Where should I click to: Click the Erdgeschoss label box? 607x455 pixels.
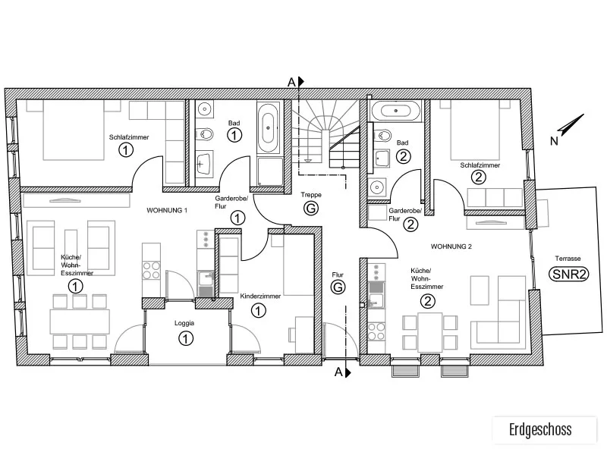pos(545,430)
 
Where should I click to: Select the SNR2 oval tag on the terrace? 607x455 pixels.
pos(568,275)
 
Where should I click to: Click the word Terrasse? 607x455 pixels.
pos(568,259)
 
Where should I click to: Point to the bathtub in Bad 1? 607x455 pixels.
pos(268,127)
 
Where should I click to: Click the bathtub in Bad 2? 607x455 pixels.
pos(395,111)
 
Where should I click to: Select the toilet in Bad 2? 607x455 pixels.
pos(382,136)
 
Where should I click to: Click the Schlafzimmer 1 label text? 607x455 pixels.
pos(129,137)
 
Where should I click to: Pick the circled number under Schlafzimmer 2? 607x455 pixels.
pos(479,177)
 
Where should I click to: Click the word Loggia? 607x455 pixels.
pos(184,323)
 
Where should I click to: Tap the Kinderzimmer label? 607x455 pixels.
pos(260,297)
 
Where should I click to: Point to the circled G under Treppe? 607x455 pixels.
pos(311,209)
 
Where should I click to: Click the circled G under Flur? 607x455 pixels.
pos(338,287)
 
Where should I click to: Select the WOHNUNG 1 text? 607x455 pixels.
pos(167,211)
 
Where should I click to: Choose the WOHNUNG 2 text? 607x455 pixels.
pos(451,246)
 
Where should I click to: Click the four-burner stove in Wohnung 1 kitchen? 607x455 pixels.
pos(151,271)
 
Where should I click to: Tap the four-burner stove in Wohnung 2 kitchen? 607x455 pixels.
pos(376,331)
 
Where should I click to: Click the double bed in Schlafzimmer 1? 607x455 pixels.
pos(74,130)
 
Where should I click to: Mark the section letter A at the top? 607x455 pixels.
pos(291,82)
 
